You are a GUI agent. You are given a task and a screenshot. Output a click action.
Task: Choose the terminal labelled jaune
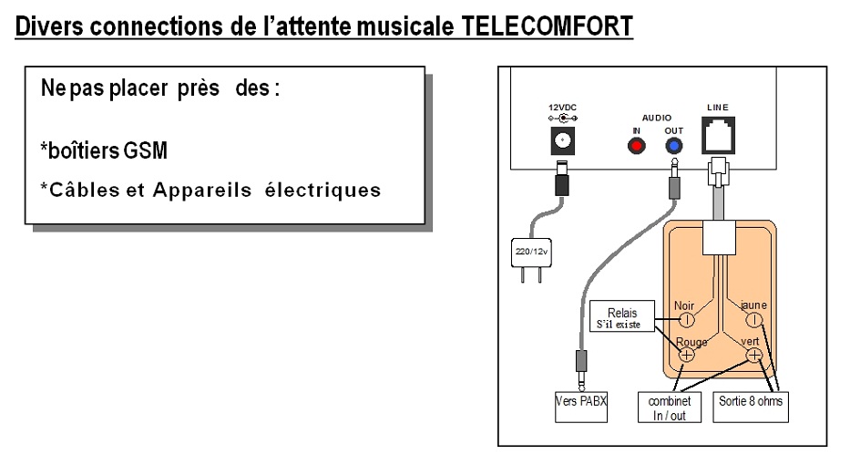click(x=753, y=320)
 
